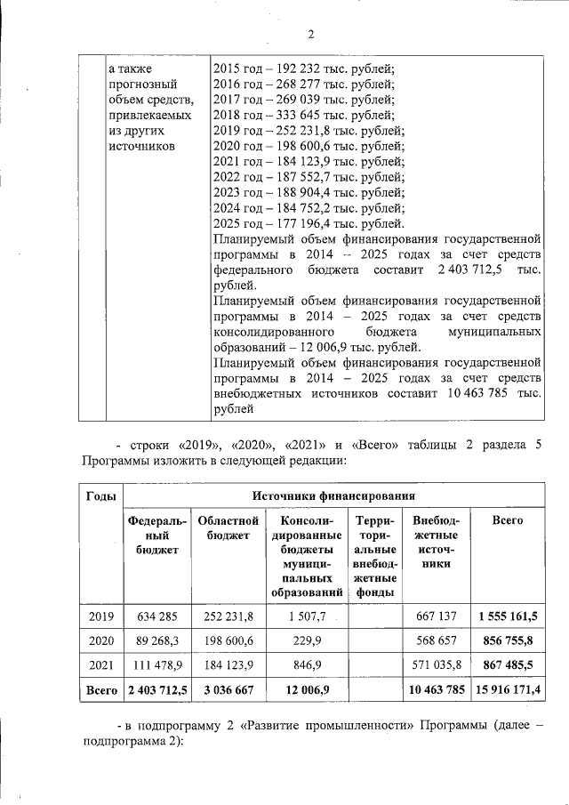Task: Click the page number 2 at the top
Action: (x=310, y=35)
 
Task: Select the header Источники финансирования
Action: (x=333, y=495)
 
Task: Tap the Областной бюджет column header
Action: (x=228, y=527)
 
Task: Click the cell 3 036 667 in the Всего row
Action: (x=228, y=688)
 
